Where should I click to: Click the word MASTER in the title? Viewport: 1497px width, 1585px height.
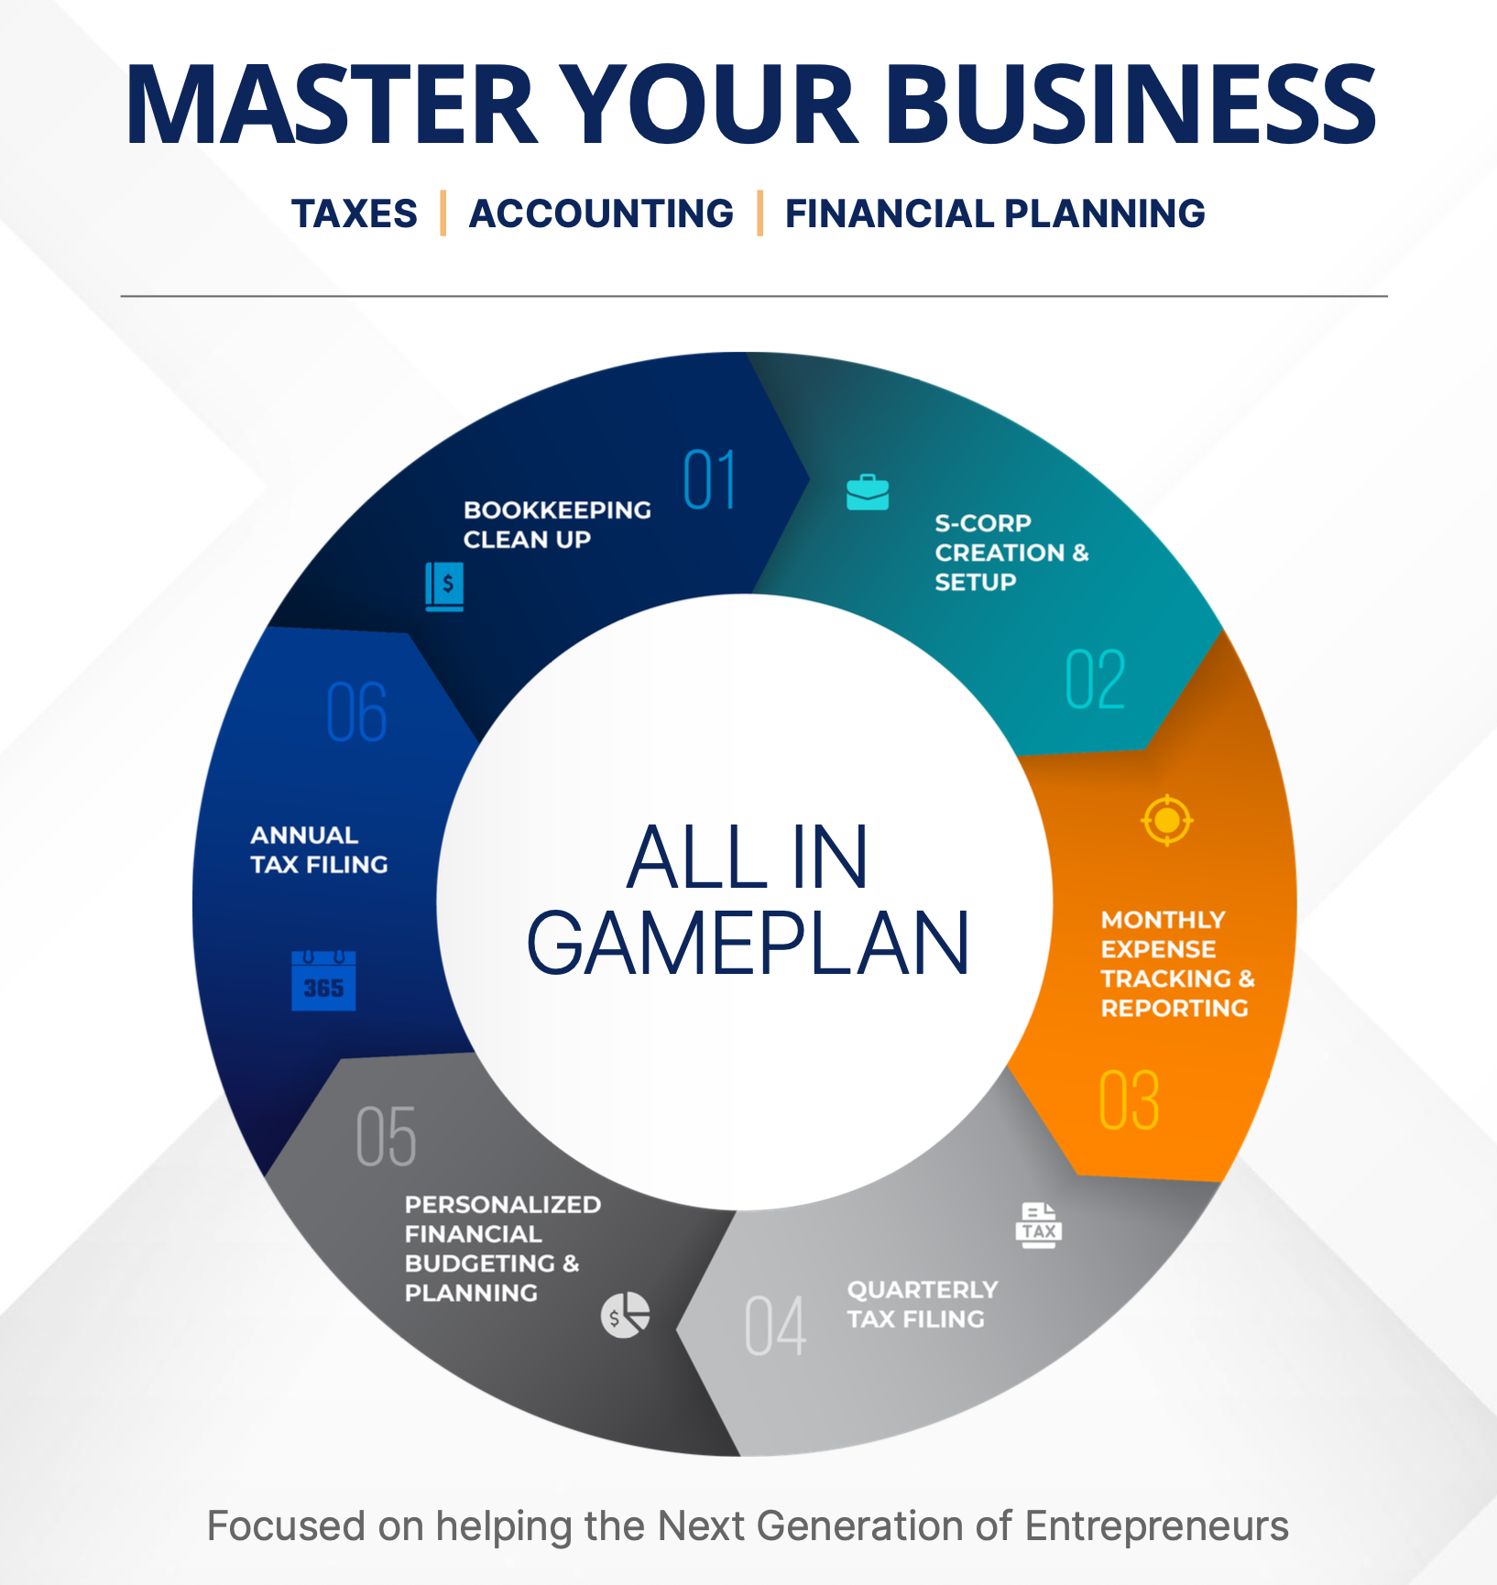coord(330,105)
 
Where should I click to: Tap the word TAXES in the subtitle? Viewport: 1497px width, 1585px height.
coord(355,213)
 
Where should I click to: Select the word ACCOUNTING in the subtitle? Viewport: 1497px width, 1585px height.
coord(601,213)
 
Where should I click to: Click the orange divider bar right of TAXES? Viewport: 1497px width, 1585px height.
coord(443,213)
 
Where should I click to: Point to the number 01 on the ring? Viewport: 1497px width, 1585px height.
coord(710,480)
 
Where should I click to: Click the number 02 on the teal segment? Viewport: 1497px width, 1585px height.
coord(1095,680)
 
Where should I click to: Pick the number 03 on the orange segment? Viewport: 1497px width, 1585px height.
coord(1129,1100)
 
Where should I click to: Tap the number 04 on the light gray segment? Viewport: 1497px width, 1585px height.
coord(775,1326)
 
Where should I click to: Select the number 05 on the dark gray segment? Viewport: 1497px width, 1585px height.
coord(386,1137)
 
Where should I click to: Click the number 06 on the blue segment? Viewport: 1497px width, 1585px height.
coord(356,712)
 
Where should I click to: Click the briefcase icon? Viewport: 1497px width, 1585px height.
coord(868,492)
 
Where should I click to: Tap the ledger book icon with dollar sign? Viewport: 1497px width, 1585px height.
coord(444,586)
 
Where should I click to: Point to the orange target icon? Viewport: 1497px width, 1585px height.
coord(1166,820)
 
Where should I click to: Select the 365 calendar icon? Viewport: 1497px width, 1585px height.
coord(323,980)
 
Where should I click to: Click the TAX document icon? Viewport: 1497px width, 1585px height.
coord(1039,1225)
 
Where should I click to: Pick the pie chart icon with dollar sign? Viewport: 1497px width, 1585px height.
coord(626,1316)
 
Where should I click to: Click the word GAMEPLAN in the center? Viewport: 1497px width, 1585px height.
coord(748,944)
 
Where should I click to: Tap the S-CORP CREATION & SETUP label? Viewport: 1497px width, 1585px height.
coord(1011,552)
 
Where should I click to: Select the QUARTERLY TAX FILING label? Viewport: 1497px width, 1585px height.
coord(921,1304)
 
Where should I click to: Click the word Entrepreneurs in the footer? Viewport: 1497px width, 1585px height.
coord(1156,1526)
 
